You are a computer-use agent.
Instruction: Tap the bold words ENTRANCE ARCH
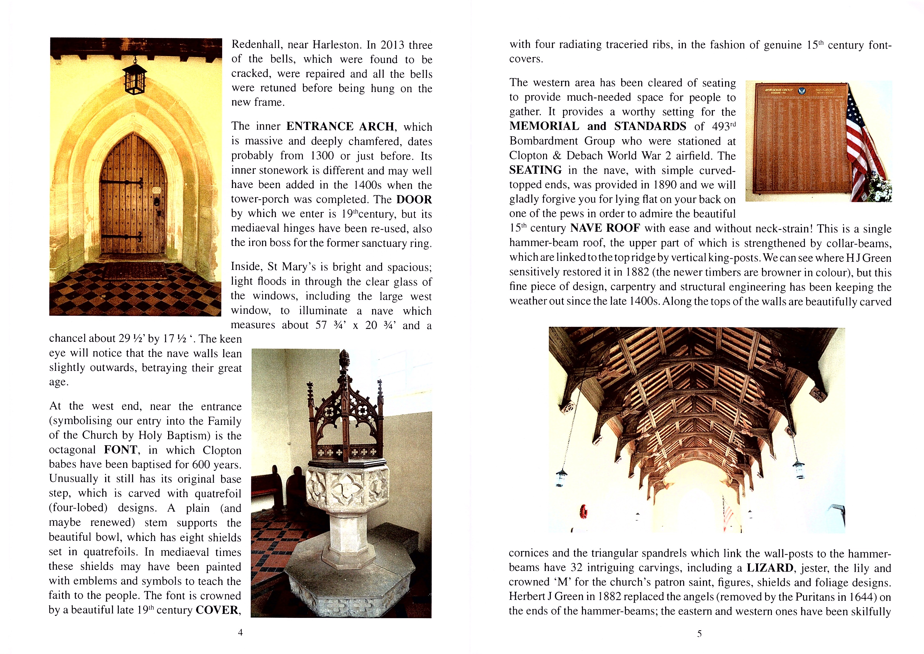coord(340,127)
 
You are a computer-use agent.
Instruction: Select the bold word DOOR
coord(414,199)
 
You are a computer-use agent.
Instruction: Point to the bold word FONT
coord(120,449)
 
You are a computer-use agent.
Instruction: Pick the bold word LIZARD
coord(770,568)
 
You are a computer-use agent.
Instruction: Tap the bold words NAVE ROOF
coord(605,228)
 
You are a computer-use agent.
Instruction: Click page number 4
coord(240,632)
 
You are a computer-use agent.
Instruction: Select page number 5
coord(699,633)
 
